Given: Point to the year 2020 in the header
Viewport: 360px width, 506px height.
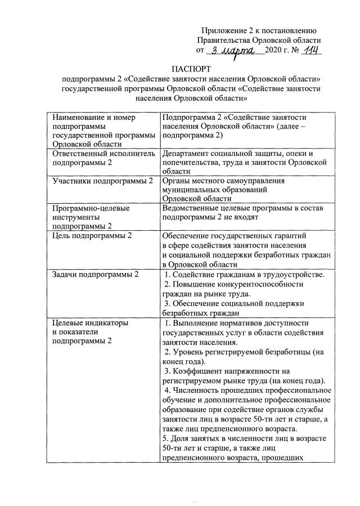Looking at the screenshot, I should (276, 51).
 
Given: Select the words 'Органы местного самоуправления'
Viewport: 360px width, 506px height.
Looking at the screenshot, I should (223, 181).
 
